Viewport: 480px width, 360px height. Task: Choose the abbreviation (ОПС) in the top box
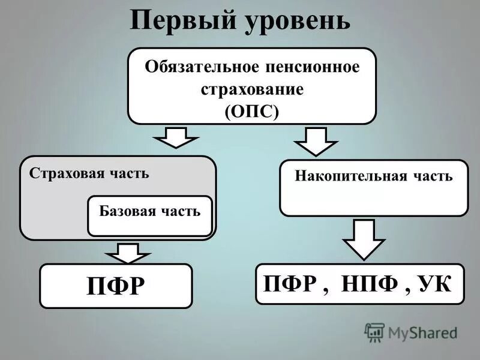coord(252,112)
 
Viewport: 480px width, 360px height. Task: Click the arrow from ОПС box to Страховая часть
coord(176,137)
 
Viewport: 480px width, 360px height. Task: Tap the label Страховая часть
coord(88,173)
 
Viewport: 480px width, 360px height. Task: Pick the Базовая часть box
coord(150,215)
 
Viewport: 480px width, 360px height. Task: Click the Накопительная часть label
coord(373,176)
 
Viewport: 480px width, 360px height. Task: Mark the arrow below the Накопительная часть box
coord(364,238)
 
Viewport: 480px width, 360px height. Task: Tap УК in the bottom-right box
coord(434,283)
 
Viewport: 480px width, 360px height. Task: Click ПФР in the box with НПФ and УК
coord(290,283)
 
